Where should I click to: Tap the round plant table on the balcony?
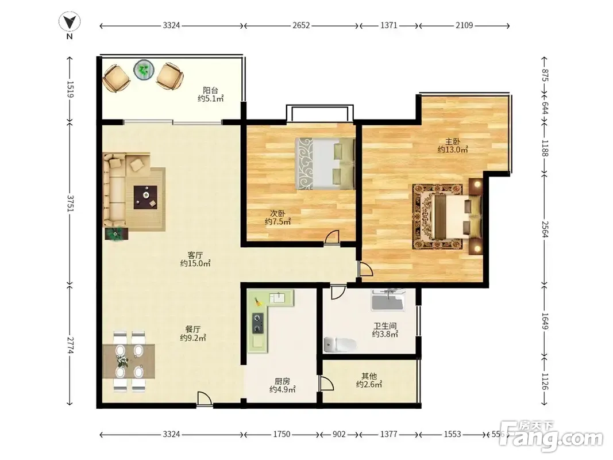[x=144, y=70]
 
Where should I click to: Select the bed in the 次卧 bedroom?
[x=325, y=163]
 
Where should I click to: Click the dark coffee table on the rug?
[x=145, y=197]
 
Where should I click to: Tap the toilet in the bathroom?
[x=340, y=344]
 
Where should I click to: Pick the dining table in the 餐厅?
[x=129, y=361]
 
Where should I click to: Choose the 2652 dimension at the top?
[x=301, y=25]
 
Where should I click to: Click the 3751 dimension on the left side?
[x=70, y=203]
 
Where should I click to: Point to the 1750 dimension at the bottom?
[x=282, y=434]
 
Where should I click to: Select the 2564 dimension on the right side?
[x=545, y=229]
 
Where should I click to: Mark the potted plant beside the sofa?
[x=115, y=234]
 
